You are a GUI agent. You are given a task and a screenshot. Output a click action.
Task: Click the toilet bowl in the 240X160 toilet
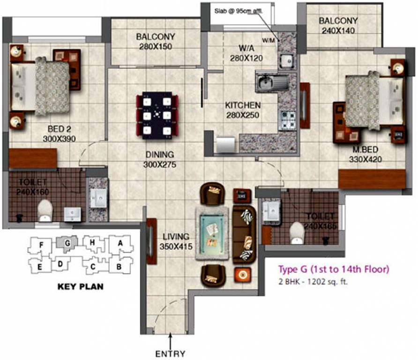coord(45,210)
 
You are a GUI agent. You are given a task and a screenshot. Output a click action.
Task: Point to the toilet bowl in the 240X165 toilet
coord(297,233)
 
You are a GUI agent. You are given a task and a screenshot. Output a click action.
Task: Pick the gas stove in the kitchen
coord(287,120)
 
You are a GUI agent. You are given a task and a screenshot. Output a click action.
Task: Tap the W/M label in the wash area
coord(269,40)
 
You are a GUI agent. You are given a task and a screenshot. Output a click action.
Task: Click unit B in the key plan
coord(119,266)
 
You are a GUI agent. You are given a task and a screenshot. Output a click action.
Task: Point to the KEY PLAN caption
coord(80,286)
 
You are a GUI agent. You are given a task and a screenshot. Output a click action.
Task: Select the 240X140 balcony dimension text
coord(338,30)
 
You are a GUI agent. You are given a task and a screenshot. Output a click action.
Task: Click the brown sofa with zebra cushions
coord(244,233)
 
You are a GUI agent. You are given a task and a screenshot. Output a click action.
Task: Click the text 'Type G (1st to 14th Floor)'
coord(334,270)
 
